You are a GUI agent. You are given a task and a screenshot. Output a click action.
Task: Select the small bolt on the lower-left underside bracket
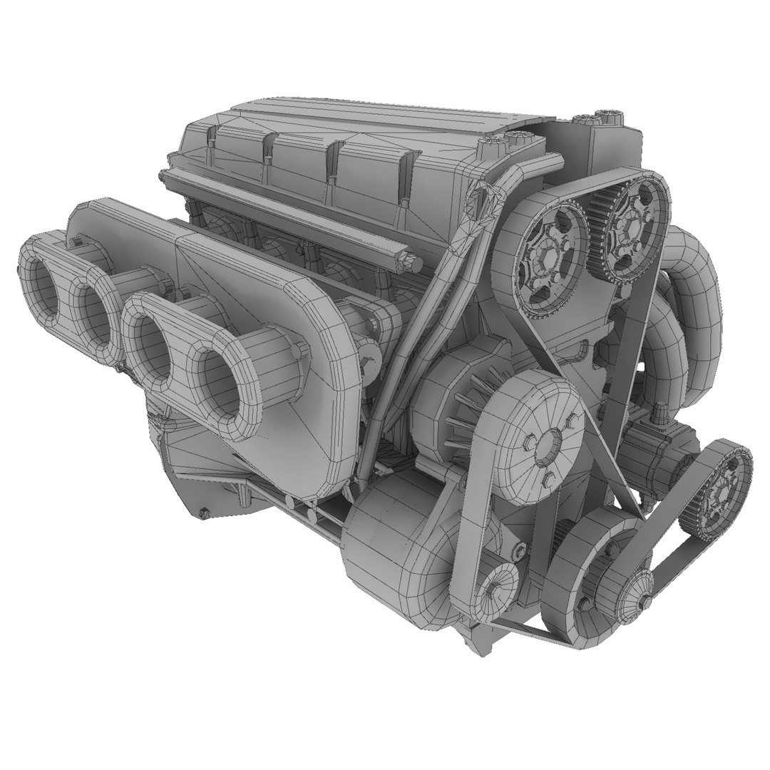pyautogui.click(x=205, y=511)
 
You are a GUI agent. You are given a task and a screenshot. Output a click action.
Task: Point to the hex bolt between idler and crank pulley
pyautogui.click(x=520, y=551)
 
